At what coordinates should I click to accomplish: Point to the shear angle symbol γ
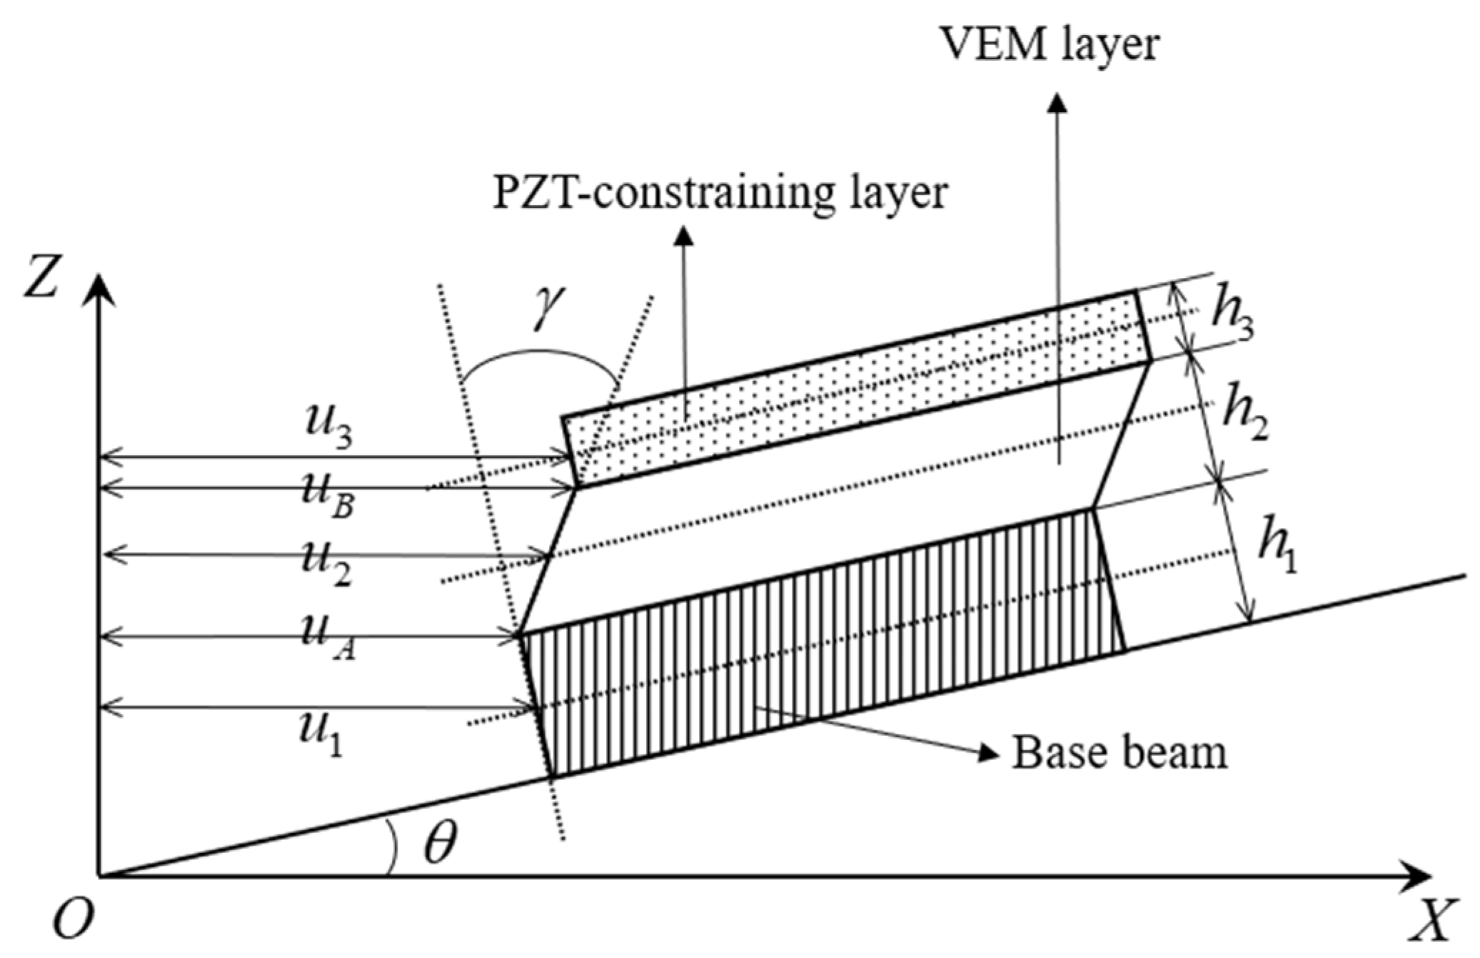pyautogui.click(x=549, y=307)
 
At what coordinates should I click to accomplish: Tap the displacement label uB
pyautogui.click(x=328, y=496)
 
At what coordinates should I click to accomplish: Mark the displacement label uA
pyautogui.click(x=328, y=637)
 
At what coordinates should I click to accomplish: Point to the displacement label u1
pyautogui.click(x=321, y=734)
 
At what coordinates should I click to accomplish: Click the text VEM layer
pyautogui.click(x=1050, y=44)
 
